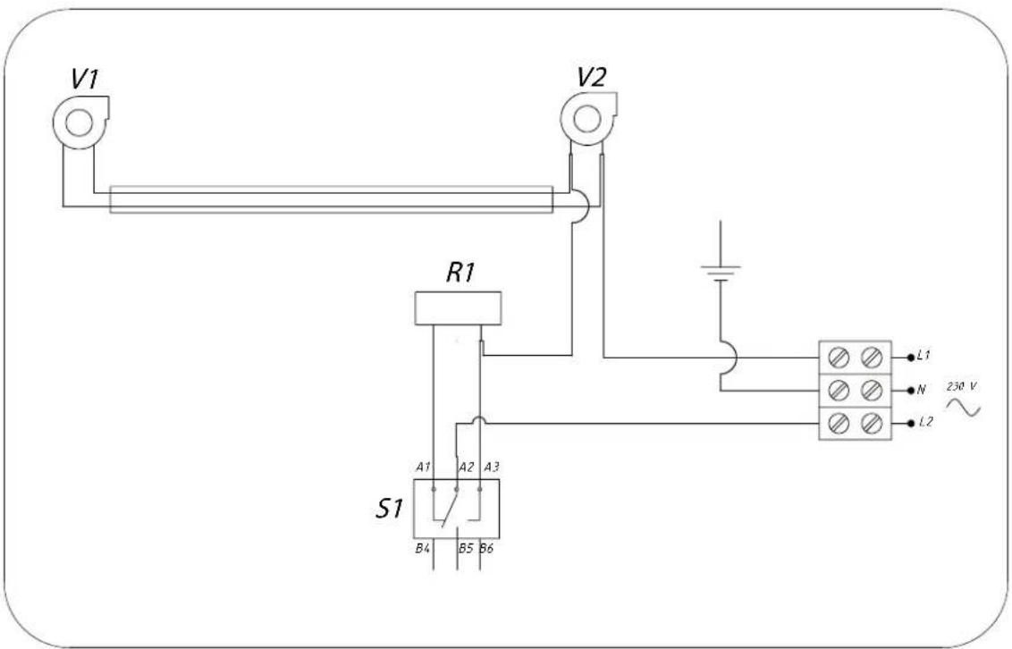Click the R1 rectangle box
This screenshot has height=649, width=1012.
coord(458,307)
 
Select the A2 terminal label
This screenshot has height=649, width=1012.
coord(465,468)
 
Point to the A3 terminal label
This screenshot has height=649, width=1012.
coord(491,468)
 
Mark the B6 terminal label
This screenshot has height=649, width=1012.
coord(487,548)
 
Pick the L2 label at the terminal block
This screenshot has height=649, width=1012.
coord(924,422)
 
